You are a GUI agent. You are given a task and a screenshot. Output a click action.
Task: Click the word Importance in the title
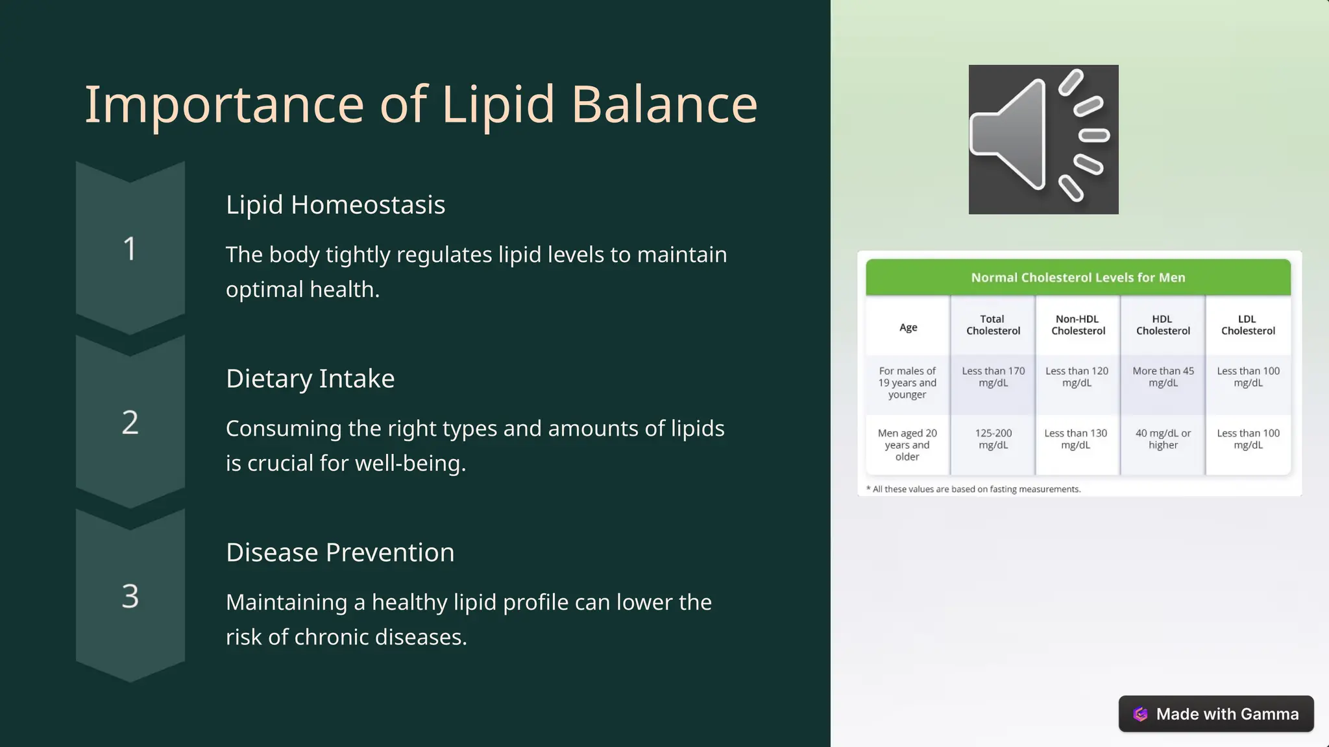[x=224, y=105]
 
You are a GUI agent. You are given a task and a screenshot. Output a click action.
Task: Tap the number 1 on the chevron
[x=130, y=249]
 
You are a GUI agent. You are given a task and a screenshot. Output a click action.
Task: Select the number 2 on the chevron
[x=130, y=423]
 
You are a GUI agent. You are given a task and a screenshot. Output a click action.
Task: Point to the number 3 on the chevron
[x=130, y=596]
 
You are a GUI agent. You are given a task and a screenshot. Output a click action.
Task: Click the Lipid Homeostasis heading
[x=335, y=205]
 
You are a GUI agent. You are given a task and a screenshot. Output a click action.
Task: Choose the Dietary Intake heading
[x=310, y=379]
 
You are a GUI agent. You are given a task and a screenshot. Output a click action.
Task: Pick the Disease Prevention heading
[x=339, y=552]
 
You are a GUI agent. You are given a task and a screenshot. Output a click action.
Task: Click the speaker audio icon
[x=1043, y=139]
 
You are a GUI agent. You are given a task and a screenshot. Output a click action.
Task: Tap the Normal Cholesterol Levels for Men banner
[x=1077, y=278]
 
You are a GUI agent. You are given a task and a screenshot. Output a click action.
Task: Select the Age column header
[x=908, y=327]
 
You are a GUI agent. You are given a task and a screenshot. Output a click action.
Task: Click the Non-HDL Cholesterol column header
[x=1077, y=325]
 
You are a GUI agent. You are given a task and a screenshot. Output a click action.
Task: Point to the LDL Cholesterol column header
[x=1247, y=325]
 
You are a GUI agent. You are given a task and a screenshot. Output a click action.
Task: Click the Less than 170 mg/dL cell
[x=993, y=377]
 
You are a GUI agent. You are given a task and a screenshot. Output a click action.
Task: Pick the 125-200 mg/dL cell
[x=993, y=439]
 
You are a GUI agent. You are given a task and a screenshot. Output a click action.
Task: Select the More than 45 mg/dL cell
[x=1162, y=377]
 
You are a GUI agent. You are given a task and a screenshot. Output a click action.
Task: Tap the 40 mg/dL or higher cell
[x=1162, y=439]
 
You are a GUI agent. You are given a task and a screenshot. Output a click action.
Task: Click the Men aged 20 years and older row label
[x=907, y=445]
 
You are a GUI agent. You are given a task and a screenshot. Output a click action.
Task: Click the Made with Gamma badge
[x=1215, y=714]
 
